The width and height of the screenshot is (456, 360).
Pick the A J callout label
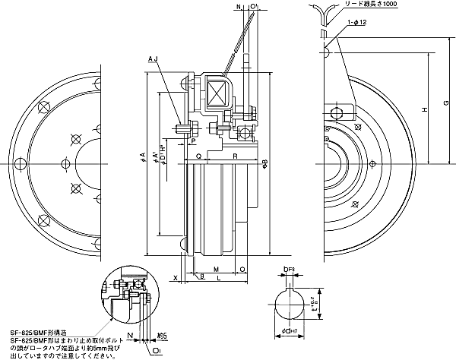pyautogui.click(x=152, y=58)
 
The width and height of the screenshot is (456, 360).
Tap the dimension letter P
pyautogui.click(x=193, y=141)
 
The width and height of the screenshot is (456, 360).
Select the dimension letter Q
pyautogui.click(x=198, y=156)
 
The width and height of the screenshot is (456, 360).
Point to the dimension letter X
pyautogui.click(x=176, y=279)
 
